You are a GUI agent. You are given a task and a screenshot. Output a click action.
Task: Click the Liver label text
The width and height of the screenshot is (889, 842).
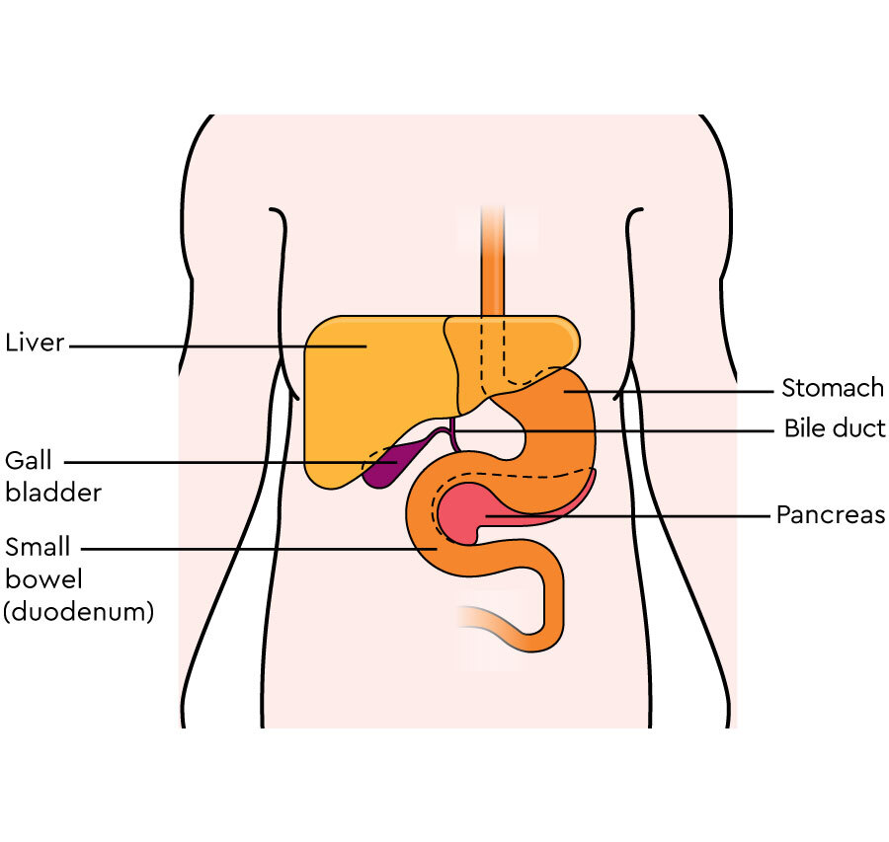pos(35,343)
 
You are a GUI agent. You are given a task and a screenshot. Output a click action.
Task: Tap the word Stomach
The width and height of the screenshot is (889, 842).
pos(833,388)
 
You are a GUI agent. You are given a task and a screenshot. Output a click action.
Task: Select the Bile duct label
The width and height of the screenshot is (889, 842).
pos(835,428)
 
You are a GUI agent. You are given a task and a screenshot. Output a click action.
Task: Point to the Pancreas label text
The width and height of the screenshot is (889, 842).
pos(831,515)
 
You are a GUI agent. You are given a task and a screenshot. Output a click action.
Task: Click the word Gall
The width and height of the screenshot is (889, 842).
pos(29,460)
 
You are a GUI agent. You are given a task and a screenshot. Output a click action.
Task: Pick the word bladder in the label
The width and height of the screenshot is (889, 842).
pos(53,493)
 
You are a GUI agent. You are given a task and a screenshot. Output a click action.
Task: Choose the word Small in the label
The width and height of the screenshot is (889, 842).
pos(38,547)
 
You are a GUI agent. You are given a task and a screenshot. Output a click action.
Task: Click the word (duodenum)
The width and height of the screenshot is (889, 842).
pos(79,612)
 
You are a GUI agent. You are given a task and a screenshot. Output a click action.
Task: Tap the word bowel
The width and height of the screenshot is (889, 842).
pos(43,579)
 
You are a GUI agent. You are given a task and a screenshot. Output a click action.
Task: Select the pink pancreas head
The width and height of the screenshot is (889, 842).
pos(462,512)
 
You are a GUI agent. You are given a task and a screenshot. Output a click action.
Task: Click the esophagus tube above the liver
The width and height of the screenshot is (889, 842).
pos(492,261)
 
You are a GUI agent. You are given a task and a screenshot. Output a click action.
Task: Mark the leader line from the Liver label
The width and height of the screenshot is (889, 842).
pos(217,346)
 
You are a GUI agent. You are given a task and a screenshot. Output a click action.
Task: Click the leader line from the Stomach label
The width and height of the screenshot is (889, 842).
pos(669,391)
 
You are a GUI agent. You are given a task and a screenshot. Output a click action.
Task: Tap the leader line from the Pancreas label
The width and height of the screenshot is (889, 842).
pos(628,516)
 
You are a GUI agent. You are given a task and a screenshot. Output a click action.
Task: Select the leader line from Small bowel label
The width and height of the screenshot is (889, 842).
pos(259,549)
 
